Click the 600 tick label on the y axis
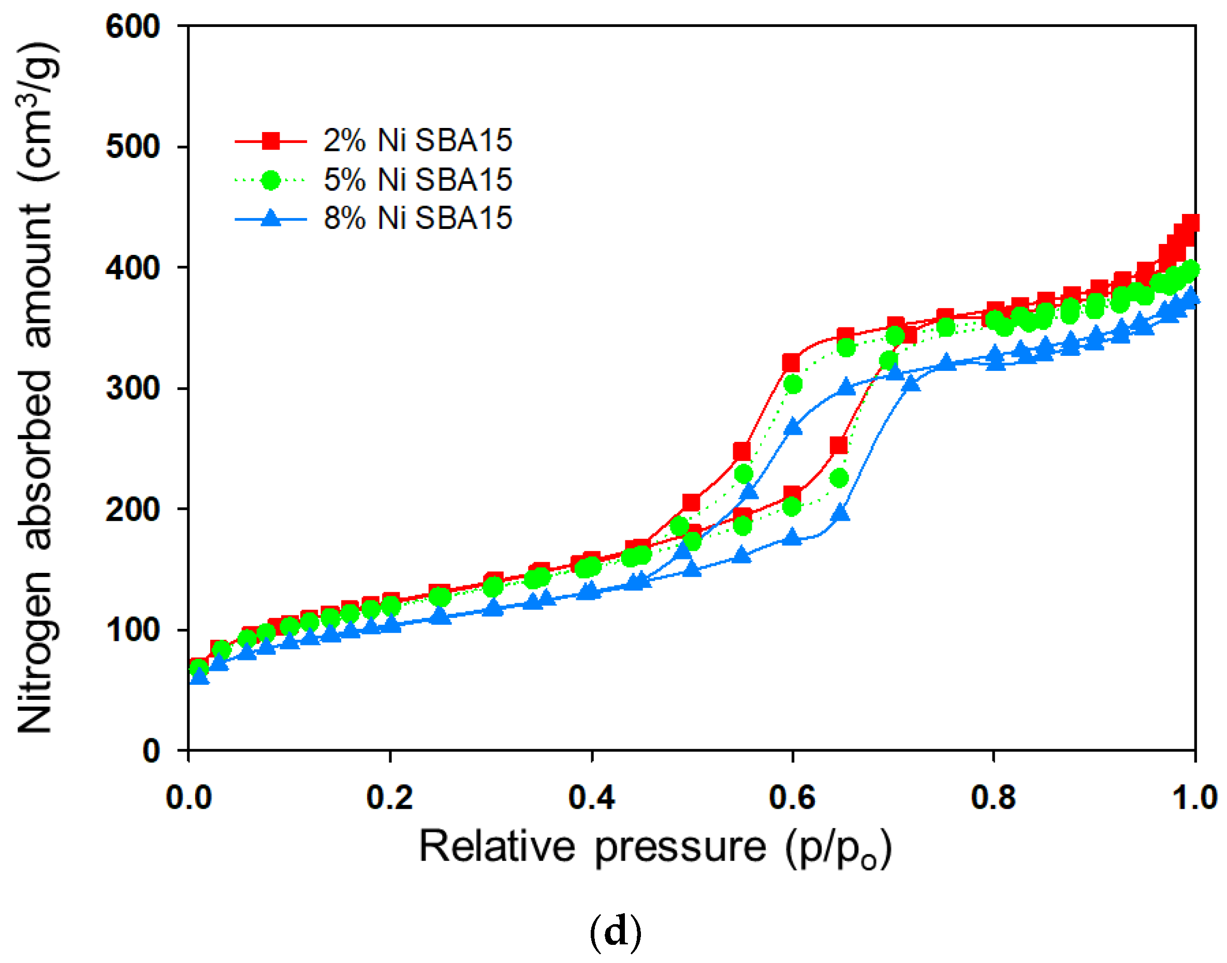point(133,27)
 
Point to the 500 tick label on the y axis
point(133,148)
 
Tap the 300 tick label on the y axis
point(133,389)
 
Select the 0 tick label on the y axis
point(151,751)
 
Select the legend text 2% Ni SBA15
point(417,140)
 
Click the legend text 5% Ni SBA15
point(417,180)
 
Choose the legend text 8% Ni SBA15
point(417,218)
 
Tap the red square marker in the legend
point(271,140)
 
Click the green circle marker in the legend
point(271,180)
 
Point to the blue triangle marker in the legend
point(271,218)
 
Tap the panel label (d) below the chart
point(615,932)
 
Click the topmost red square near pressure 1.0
point(1190,223)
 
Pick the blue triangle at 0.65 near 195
point(840,513)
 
